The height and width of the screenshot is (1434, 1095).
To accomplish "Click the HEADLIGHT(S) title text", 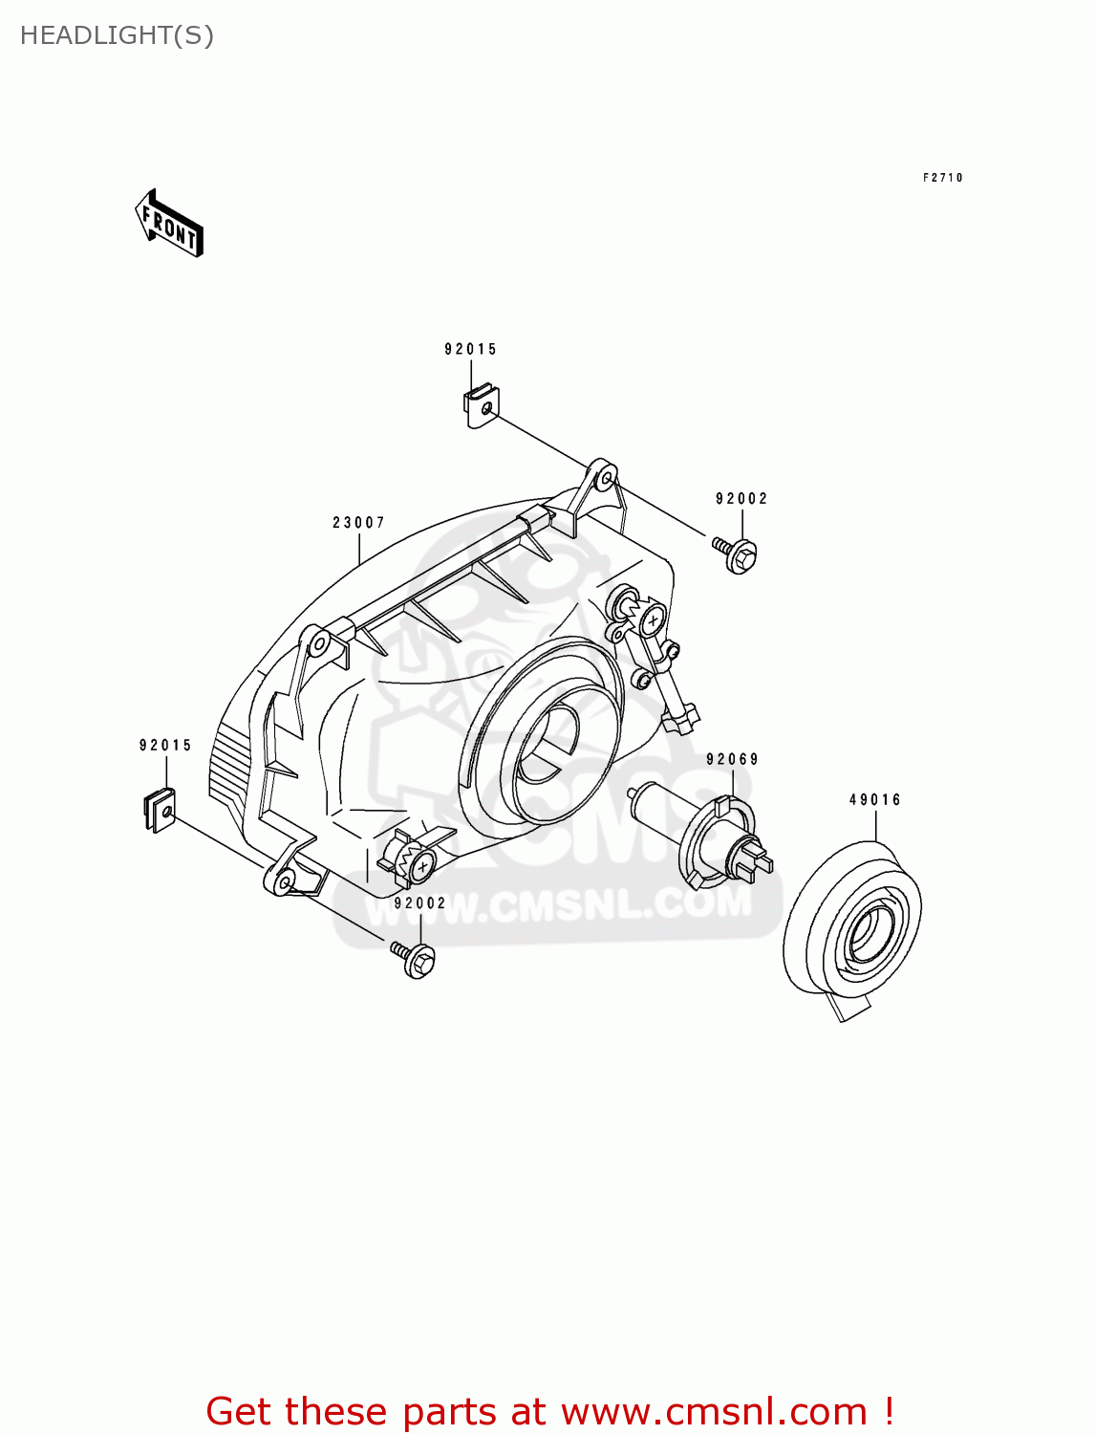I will click(x=117, y=35).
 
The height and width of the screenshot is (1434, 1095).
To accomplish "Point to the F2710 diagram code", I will click(x=942, y=178).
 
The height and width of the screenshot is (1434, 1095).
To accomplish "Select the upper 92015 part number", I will click(x=470, y=350).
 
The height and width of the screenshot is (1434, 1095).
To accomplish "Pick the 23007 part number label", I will click(x=358, y=523).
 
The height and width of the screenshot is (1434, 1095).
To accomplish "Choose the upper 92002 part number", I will click(x=741, y=499).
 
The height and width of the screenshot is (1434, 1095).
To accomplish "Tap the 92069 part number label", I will click(x=732, y=760).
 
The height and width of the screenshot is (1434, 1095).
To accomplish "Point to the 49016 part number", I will click(x=874, y=800).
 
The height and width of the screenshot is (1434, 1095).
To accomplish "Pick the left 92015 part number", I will click(x=165, y=746).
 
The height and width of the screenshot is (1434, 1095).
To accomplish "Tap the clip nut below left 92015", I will click(x=161, y=811).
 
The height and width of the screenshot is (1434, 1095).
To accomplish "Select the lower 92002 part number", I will click(x=420, y=903).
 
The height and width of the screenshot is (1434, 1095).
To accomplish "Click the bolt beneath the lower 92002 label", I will click(x=416, y=958).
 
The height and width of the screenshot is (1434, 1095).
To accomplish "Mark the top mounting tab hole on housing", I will click(x=604, y=476).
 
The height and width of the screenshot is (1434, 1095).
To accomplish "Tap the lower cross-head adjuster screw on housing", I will click(x=421, y=866).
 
